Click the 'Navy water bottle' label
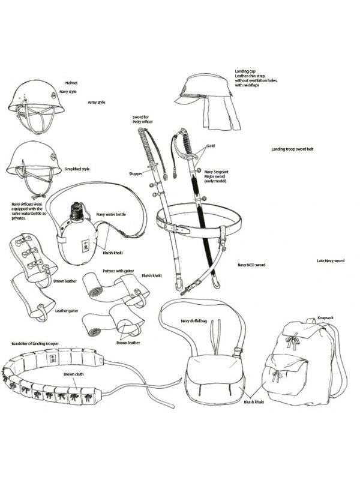pyautogui.click(x=111, y=214)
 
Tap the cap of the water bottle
pyautogui.click(x=76, y=211)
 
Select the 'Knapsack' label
pyautogui.click(x=325, y=318)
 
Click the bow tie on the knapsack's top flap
pyautogui.click(x=292, y=340)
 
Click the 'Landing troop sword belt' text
pyautogui.click(x=292, y=149)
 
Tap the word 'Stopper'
pyautogui.click(x=136, y=173)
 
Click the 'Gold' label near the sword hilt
pyautogui.click(x=211, y=146)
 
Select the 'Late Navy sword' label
pyautogui.click(x=331, y=261)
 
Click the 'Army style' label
pyautogui.click(x=97, y=102)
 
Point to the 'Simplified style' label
pyautogui.click(x=77, y=169)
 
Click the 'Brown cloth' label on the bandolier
pyautogui.click(x=73, y=374)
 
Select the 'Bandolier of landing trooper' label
pyautogui.click(x=35, y=344)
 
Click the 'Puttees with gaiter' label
pyautogui.click(x=118, y=271)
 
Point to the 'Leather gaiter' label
pyautogui.click(x=67, y=311)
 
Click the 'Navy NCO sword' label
pyautogui.click(x=251, y=265)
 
